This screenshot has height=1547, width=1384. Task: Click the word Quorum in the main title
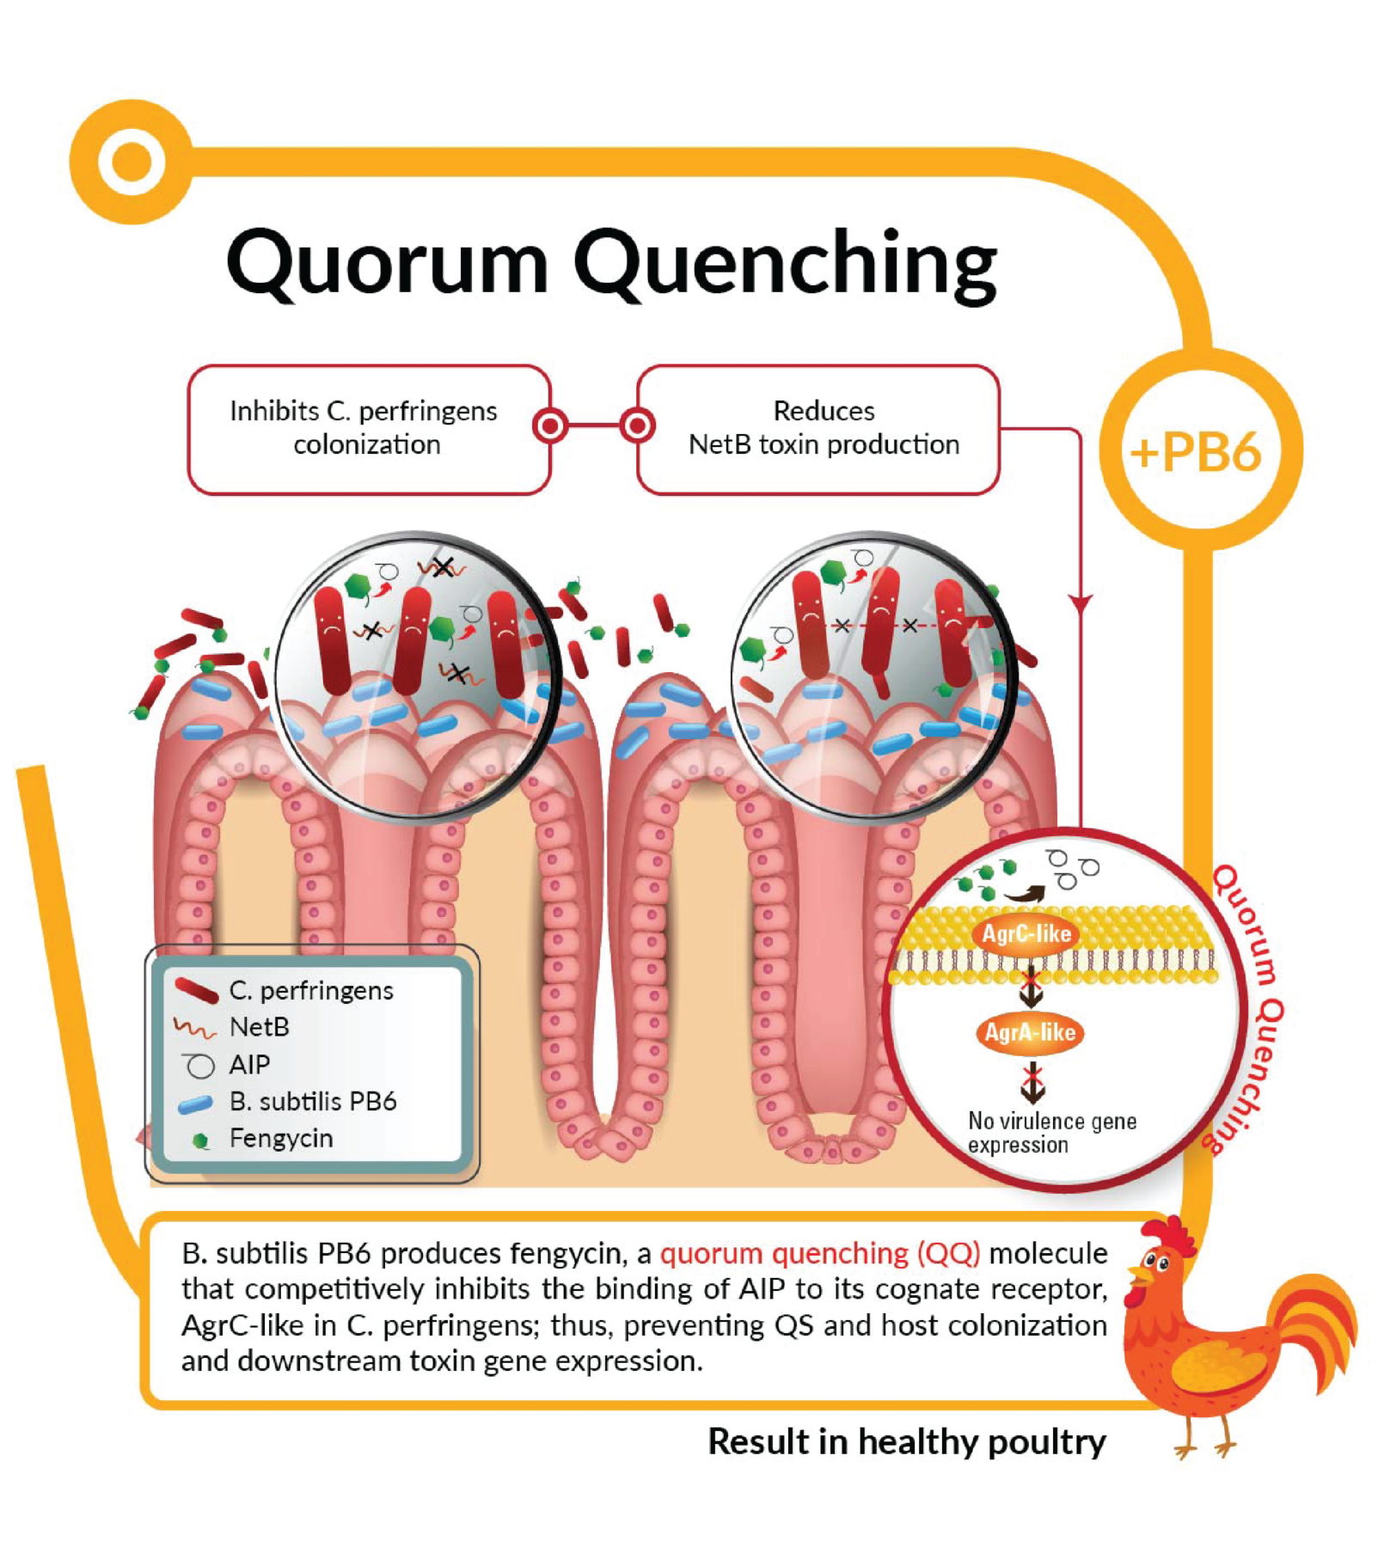point(386,262)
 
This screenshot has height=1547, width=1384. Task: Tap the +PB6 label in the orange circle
point(1197,451)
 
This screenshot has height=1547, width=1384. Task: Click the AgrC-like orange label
point(1026,934)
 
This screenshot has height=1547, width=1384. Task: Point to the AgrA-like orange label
point(1030,1032)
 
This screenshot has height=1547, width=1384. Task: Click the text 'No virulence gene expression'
point(1050,1133)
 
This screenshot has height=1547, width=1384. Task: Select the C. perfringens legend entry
point(309,991)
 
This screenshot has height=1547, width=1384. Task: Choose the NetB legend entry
point(258,1027)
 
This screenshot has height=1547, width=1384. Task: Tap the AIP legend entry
point(248,1065)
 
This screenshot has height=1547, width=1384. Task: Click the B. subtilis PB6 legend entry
point(311,1102)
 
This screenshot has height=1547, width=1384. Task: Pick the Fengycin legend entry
point(279,1139)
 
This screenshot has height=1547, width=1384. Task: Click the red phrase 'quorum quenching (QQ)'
point(819,1253)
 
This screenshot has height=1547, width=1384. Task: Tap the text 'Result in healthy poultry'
point(906,1442)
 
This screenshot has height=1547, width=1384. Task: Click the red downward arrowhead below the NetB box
point(1081,603)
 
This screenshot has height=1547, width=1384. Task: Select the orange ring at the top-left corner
point(132,162)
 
